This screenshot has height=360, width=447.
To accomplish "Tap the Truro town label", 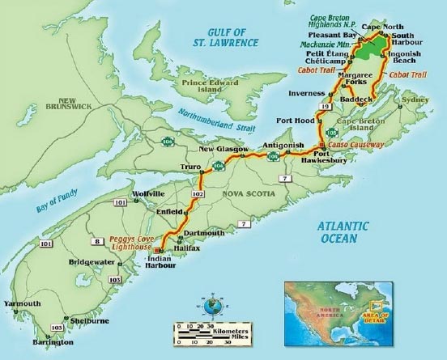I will click(191, 167).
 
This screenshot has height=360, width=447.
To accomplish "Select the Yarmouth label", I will click(21, 303).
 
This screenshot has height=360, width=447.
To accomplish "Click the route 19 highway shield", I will click(325, 106).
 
